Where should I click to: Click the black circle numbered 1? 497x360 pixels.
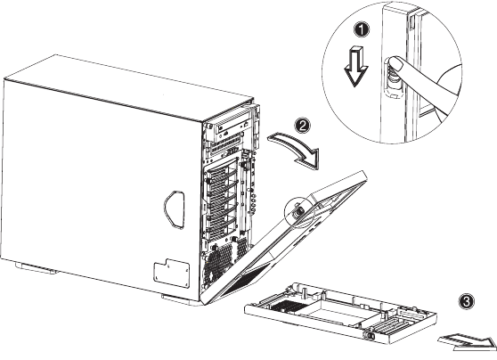coord(362,29)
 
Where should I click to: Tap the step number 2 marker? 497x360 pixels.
coord(303,126)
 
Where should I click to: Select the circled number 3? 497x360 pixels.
coord(467,300)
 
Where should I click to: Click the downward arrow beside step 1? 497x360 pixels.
coord(356,66)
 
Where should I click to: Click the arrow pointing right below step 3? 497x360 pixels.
coord(468,341)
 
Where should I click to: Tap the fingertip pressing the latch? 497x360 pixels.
coord(396,64)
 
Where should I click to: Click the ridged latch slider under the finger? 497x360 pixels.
coord(392,76)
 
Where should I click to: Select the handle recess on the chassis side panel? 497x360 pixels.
coord(174,209)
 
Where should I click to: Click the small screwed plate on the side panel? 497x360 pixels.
coord(172,273)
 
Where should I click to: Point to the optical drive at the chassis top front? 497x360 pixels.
coord(232,129)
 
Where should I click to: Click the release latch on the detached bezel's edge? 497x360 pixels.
coord(370,335)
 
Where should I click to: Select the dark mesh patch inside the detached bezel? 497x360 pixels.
coord(287,307)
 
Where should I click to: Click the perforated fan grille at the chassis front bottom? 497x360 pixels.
coord(219,263)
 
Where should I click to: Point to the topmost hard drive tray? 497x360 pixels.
coord(222,170)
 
